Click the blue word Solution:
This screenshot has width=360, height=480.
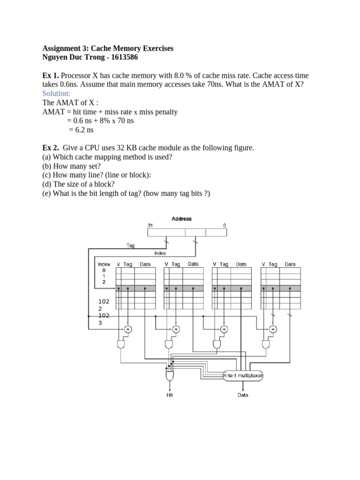(56, 94)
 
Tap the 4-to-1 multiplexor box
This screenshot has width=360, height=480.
(243, 375)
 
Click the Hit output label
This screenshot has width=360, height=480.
(170, 395)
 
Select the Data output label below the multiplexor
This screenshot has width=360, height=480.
(243, 395)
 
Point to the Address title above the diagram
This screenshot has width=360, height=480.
(182, 219)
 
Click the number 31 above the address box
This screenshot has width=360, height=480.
(150, 226)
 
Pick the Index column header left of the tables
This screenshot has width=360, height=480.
(104, 264)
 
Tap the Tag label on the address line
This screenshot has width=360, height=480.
(131, 245)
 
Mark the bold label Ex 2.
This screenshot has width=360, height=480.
(51, 148)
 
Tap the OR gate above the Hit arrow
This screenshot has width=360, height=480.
(170, 376)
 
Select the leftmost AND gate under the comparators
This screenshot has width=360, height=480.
(120, 345)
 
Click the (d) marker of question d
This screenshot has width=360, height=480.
(47, 184)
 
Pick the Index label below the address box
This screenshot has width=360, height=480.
(160, 253)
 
